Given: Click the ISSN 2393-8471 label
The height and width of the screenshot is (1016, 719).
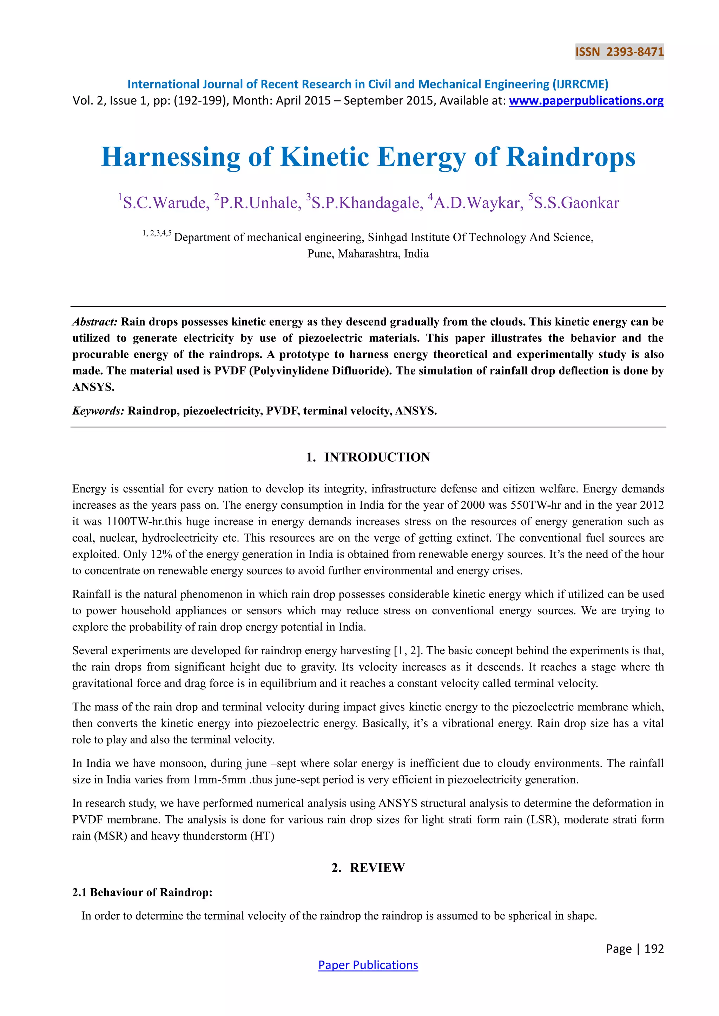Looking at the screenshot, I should tap(619, 52).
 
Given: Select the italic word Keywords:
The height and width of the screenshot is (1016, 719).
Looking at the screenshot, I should tap(98, 411).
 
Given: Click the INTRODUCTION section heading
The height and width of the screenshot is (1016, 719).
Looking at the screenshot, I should tap(377, 457).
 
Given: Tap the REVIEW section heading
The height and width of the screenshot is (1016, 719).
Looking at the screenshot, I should tap(377, 867).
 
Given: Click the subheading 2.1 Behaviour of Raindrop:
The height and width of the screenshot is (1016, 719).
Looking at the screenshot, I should tap(142, 892).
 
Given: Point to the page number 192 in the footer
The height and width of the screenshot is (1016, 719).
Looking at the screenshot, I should tap(654, 949).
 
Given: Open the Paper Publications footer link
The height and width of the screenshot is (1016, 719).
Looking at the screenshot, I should tap(368, 965).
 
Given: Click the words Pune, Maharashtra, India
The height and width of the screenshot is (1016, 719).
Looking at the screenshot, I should tap(368, 254).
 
